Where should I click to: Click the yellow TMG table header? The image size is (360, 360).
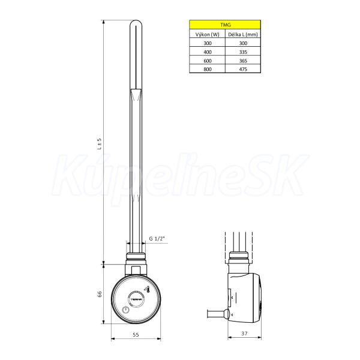[x=225, y=25]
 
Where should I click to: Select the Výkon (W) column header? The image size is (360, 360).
[x=208, y=34]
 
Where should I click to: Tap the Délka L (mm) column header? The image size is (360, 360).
[x=243, y=34]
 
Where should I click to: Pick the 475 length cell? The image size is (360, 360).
[x=243, y=69]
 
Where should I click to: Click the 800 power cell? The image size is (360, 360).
[x=208, y=69]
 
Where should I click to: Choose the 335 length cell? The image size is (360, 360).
[x=243, y=52]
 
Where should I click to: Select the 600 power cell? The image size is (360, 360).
[x=208, y=61]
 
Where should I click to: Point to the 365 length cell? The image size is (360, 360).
[x=243, y=61]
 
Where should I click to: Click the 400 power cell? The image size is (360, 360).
[x=208, y=52]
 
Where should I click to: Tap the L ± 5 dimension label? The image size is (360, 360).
[x=99, y=144]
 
